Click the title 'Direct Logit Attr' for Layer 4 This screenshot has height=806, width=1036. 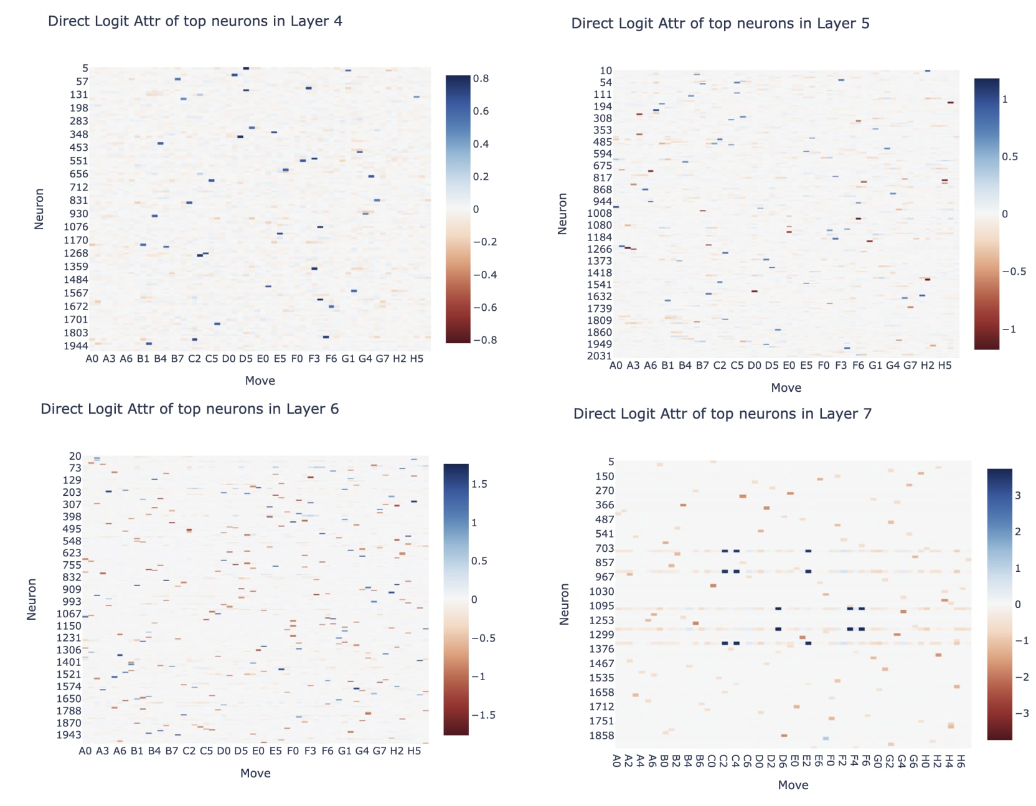tap(195, 21)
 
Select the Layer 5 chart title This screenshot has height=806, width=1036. tap(720, 24)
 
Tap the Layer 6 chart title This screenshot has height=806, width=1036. tap(190, 409)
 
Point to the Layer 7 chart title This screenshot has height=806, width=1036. tap(722, 414)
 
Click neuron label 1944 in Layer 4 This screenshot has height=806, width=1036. tap(76, 346)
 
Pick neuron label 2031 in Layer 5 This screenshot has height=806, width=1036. tap(600, 356)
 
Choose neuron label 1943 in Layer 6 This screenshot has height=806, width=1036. tap(69, 735)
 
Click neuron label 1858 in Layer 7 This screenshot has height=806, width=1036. tap(602, 736)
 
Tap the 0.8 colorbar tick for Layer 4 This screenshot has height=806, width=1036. tap(481, 78)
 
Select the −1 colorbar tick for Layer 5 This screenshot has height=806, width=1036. tap(1009, 330)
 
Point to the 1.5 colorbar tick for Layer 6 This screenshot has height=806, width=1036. tap(479, 484)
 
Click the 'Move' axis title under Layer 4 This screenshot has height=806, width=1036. tap(260, 381)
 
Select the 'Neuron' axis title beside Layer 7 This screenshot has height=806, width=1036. tap(565, 604)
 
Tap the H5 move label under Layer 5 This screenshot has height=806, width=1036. tap(944, 366)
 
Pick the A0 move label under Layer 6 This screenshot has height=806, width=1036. tap(85, 751)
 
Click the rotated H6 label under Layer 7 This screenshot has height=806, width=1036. tap(961, 761)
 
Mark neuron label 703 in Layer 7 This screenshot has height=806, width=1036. tap(605, 549)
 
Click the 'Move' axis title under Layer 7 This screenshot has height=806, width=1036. tap(793, 785)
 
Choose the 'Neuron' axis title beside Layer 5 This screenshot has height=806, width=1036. tap(563, 214)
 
